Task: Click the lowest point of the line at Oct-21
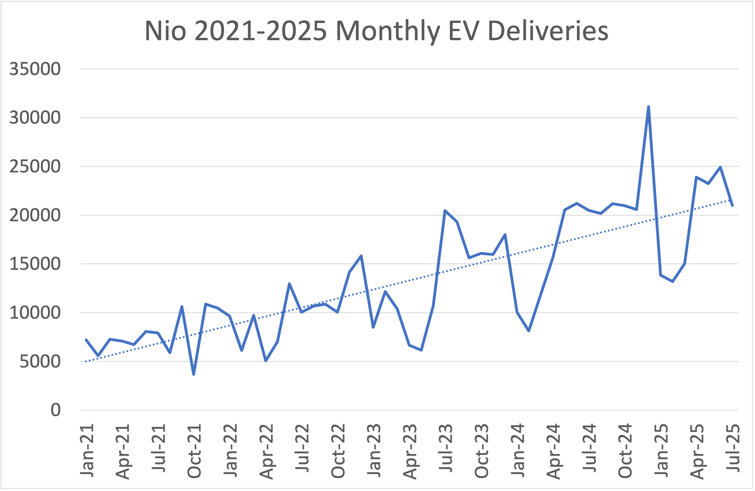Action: (193, 374)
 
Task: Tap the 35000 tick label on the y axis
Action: (35, 69)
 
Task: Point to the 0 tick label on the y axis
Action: (56, 410)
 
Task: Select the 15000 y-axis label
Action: (35, 264)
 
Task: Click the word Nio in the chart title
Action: (165, 31)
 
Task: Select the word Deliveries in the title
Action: (548, 31)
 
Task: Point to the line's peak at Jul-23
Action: (445, 210)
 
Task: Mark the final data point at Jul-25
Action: (732, 205)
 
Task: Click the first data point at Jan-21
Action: (86, 340)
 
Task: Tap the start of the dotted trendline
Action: (86, 361)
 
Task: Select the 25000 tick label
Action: (35, 167)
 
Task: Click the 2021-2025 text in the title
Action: (261, 31)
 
